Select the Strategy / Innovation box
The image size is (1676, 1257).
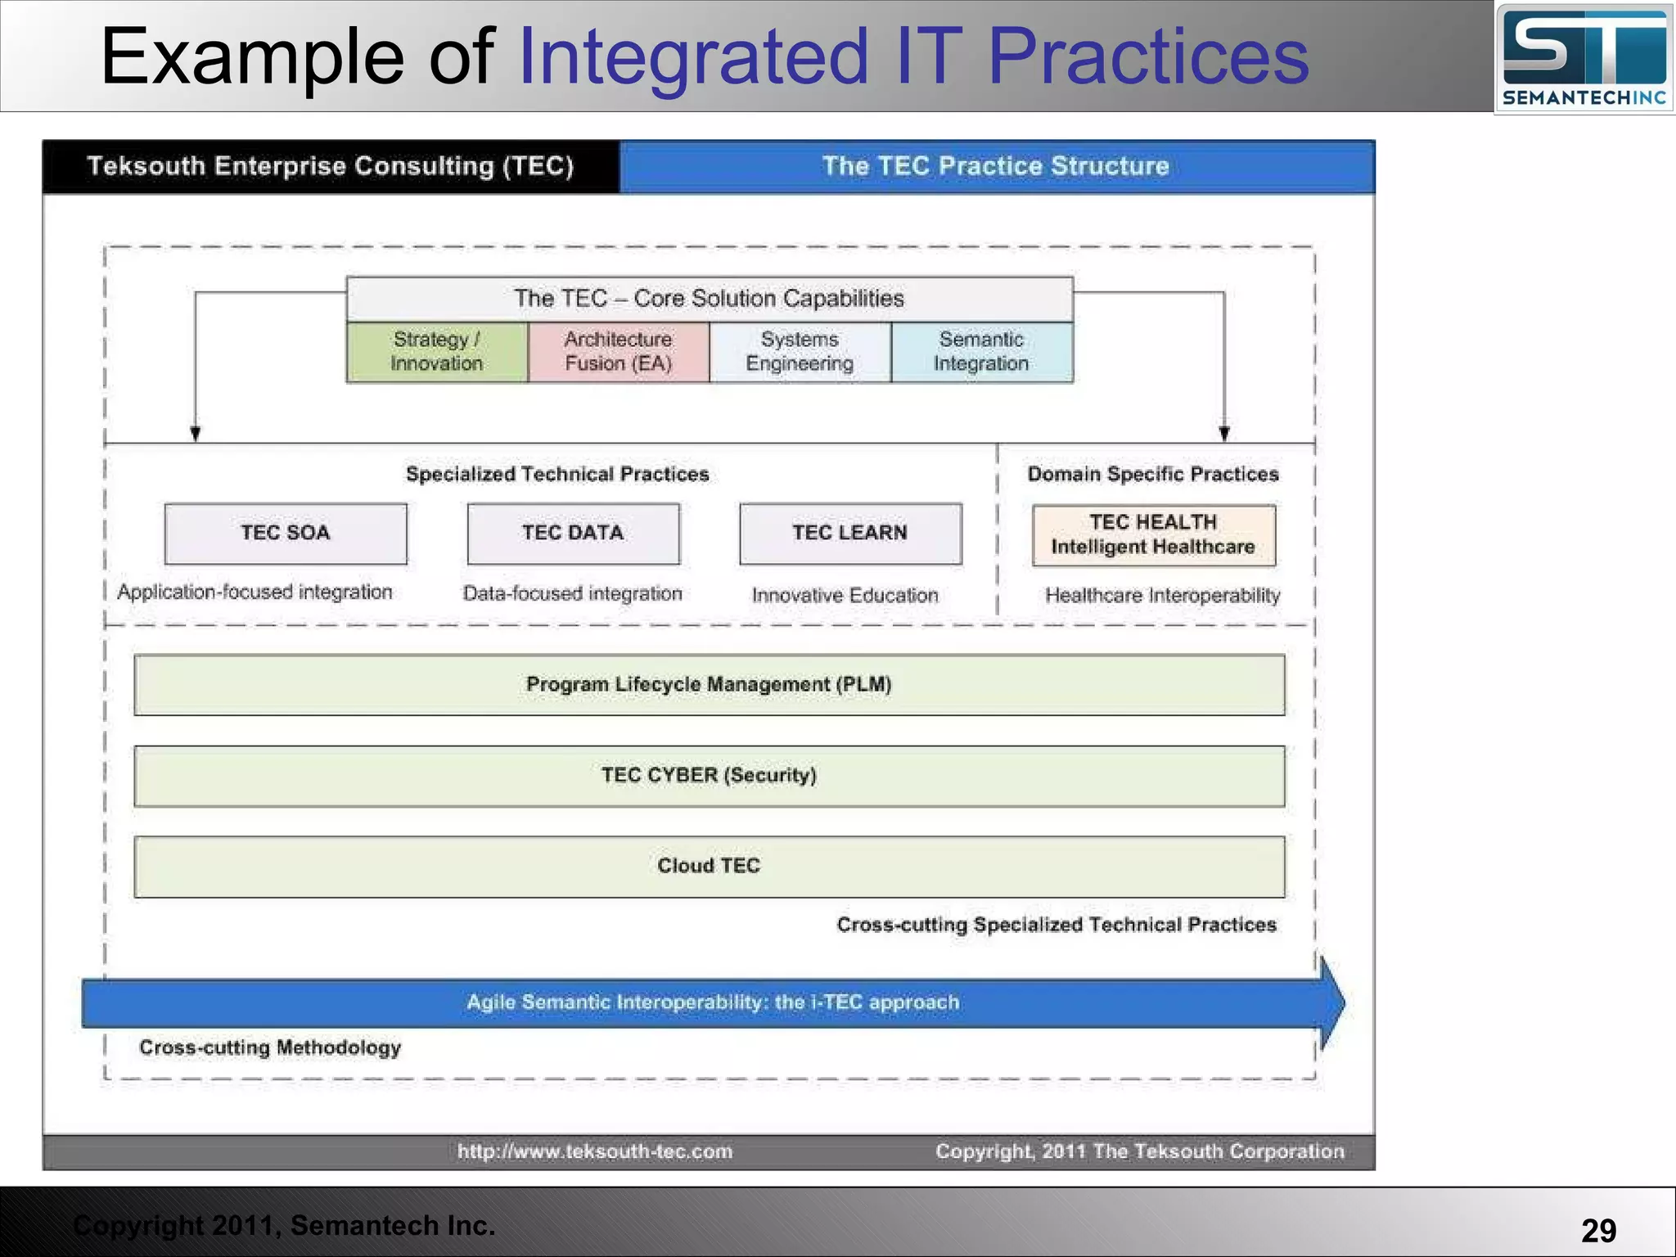(437, 352)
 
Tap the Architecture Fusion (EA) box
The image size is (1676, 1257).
(619, 352)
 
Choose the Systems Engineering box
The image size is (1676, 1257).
(800, 352)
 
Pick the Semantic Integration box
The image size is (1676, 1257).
(981, 352)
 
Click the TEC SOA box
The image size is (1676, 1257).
(286, 534)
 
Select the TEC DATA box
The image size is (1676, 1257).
(573, 534)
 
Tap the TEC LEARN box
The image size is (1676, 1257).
(850, 534)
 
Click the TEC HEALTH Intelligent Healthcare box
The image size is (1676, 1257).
(1153, 535)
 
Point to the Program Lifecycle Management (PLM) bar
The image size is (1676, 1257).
(709, 685)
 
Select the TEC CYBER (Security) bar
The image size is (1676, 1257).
(709, 776)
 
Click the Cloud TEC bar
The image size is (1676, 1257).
(709, 867)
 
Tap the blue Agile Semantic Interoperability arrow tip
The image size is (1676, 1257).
(1334, 1003)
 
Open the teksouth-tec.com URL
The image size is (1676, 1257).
(595, 1151)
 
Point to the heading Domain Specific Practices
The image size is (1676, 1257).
(1153, 475)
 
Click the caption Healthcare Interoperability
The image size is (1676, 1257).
(1162, 596)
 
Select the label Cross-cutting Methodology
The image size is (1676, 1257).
(270, 1047)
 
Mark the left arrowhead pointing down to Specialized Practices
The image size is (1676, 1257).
(195, 434)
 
